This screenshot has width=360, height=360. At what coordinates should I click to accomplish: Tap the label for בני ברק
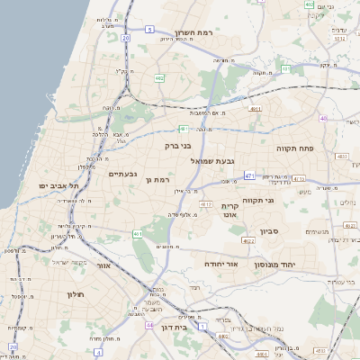coord(179,145)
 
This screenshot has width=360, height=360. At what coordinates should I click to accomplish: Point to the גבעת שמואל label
coord(212,160)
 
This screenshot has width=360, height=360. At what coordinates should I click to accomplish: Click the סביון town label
coord(270,231)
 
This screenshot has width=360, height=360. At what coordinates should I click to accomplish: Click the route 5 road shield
coord(148,30)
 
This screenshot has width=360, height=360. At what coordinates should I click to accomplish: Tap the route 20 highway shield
coord(125,39)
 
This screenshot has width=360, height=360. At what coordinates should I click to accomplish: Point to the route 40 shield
coord(323,118)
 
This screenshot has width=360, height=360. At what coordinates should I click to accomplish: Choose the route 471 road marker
coord(247,175)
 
